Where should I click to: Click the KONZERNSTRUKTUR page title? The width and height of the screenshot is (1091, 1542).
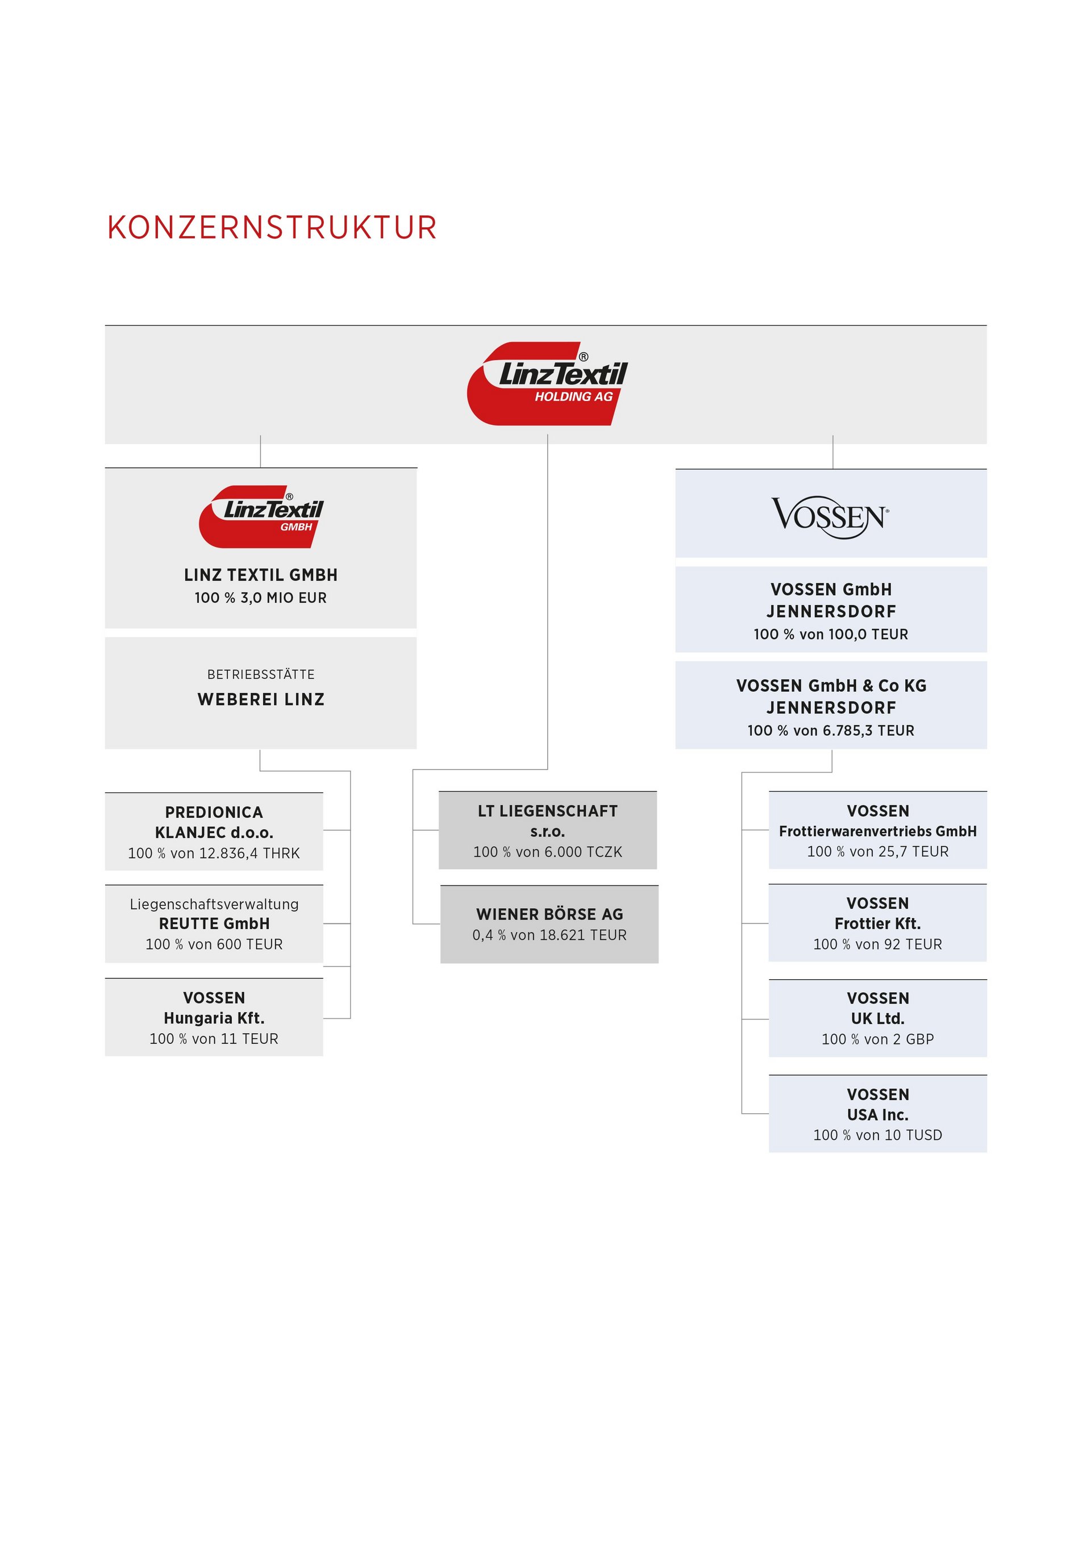[272, 228]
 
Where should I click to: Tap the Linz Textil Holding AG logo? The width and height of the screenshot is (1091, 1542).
[548, 383]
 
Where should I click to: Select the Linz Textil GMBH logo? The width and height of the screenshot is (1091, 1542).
[261, 516]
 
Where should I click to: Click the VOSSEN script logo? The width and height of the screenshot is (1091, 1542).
[830, 517]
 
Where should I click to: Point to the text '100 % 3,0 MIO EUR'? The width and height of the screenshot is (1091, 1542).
[261, 597]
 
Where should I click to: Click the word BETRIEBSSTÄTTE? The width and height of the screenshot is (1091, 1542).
[261, 674]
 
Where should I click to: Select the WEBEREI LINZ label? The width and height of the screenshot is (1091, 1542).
[261, 699]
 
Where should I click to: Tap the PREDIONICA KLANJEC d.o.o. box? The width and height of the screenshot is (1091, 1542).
[214, 831]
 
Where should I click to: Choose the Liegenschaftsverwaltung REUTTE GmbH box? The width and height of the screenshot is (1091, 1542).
[214, 923]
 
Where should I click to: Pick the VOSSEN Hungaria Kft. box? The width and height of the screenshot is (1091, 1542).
[214, 1017]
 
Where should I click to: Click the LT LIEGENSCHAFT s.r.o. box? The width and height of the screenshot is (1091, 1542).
[548, 830]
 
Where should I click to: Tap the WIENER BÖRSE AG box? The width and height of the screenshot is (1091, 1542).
[549, 924]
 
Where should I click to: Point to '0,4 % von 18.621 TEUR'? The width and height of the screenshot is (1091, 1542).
[549, 935]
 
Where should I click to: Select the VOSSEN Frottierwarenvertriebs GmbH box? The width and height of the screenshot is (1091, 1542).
[877, 830]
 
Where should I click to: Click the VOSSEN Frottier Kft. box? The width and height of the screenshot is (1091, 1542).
[877, 923]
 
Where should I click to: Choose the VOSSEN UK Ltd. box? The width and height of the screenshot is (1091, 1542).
[877, 1018]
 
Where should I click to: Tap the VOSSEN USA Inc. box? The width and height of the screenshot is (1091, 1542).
[877, 1114]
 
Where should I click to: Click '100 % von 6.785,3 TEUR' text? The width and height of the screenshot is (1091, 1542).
[831, 731]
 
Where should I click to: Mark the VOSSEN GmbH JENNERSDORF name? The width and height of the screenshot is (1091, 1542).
[831, 600]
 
